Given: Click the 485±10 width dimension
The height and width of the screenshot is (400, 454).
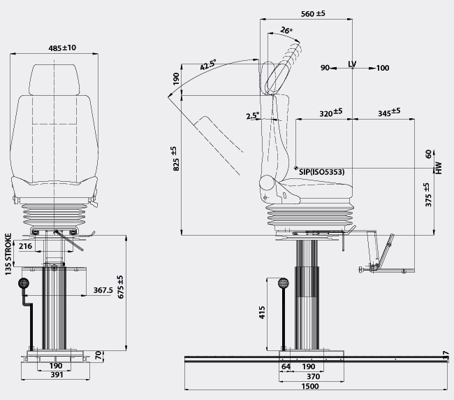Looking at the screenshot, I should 62,48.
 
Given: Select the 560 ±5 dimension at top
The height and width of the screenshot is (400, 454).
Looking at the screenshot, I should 332,14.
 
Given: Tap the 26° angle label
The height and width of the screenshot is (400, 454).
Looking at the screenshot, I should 286,31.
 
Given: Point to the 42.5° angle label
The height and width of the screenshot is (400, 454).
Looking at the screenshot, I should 208,66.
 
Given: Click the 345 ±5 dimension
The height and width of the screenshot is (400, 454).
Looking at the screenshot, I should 389,112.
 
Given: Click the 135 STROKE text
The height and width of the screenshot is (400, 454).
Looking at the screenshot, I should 8,254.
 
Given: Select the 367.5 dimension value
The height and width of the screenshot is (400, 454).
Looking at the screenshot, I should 103,290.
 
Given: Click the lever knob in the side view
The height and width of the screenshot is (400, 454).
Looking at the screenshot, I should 284,284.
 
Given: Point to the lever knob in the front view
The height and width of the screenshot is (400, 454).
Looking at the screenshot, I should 24,283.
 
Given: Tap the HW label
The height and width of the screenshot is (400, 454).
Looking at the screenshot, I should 439,168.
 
